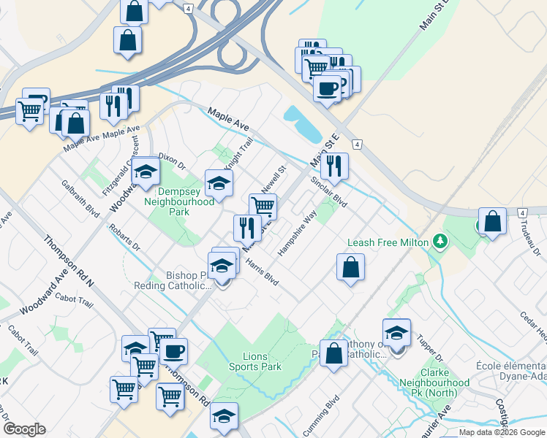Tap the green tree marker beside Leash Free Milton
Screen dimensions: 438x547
point(440,241)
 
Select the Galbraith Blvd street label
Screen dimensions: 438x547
point(80,199)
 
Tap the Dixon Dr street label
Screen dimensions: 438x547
point(173,161)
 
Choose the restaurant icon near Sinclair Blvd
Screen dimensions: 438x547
point(334,166)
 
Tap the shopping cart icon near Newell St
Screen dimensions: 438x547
point(263,207)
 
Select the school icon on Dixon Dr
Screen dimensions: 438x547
point(146,173)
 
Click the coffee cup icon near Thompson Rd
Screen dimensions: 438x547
point(173,351)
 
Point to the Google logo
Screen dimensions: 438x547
point(24,429)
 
